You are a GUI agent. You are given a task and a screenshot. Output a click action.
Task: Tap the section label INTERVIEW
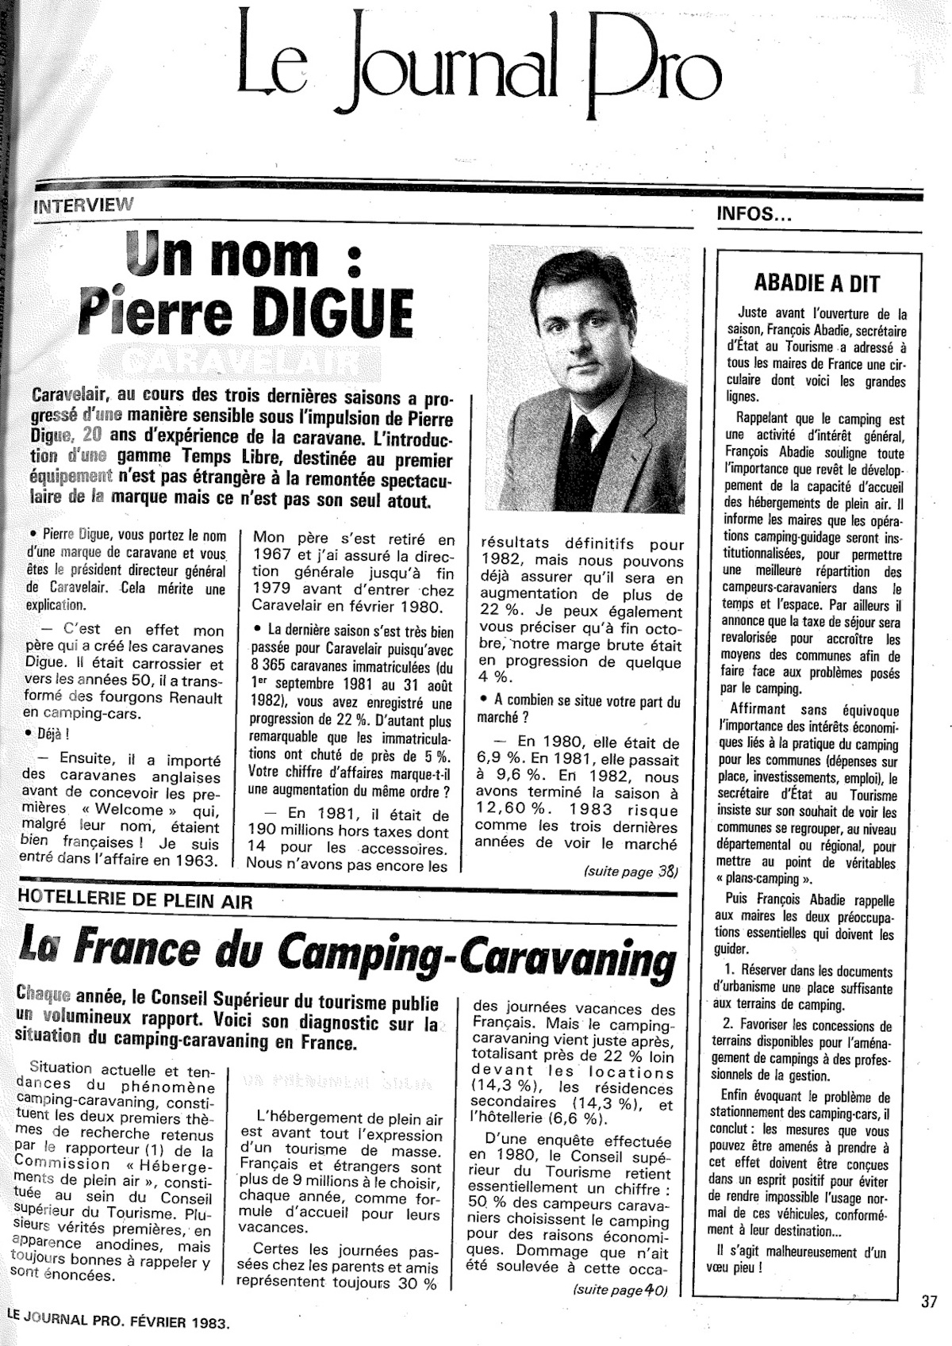(83, 205)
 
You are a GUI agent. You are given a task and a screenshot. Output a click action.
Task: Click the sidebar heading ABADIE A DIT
(816, 283)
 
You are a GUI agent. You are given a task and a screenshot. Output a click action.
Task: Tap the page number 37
(930, 1302)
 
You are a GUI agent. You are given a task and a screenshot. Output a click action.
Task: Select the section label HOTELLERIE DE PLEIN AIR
(135, 900)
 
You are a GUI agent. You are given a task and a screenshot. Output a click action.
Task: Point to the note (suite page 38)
(631, 871)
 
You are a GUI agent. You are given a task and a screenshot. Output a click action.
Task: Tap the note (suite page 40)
(620, 1290)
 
